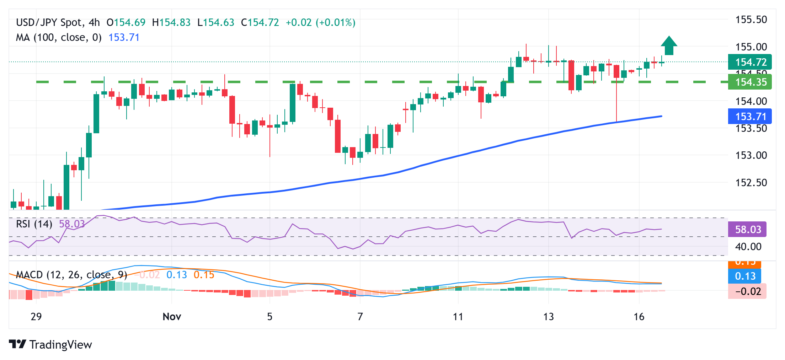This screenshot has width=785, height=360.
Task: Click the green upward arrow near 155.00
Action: point(669,46)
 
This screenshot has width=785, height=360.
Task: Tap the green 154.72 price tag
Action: point(750,62)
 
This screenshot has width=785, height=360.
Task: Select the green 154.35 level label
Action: point(750,82)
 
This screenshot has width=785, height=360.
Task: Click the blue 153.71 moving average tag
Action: point(750,117)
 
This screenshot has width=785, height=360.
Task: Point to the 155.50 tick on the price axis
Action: point(751,20)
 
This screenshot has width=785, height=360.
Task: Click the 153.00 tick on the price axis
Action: point(751,155)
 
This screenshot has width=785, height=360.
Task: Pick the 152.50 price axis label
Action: point(751,183)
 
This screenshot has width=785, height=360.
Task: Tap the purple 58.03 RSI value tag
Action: point(747,230)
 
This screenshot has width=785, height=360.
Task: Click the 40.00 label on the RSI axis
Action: point(748,247)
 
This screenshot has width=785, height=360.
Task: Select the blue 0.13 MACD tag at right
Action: point(745,276)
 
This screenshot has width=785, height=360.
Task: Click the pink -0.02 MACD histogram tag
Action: point(747,291)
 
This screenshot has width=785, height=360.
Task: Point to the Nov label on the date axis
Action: point(172,317)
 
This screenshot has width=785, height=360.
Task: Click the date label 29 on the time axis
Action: point(36,317)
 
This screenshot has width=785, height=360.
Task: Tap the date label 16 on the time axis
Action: point(639,317)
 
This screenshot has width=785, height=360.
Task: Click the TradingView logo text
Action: point(60,345)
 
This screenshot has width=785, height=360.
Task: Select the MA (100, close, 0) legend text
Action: point(59,37)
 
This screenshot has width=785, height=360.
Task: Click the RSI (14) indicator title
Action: point(34,224)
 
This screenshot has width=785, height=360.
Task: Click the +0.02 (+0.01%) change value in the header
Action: point(320,22)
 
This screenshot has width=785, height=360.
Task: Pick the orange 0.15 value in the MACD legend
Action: point(204,275)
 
